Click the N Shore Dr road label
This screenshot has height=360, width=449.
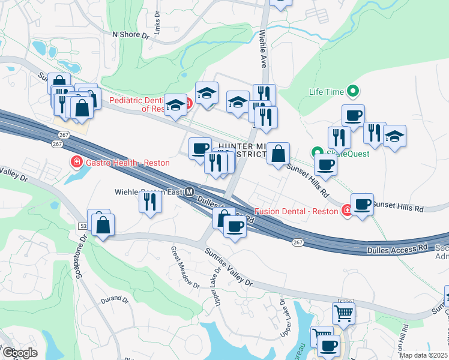click(x=130, y=35)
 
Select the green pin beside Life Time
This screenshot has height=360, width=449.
click(x=354, y=92)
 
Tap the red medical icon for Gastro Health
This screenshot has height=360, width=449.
click(x=76, y=162)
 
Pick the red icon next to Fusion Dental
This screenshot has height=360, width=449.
click(x=347, y=211)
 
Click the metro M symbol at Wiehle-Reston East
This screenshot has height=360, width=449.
click(x=190, y=193)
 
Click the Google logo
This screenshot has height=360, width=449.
click(x=20, y=353)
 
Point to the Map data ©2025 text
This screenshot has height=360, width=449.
click(x=423, y=355)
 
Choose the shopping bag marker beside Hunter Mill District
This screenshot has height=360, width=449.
click(x=279, y=154)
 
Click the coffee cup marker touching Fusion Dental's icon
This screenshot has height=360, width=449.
click(x=363, y=205)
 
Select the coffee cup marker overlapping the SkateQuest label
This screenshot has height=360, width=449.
click(x=325, y=164)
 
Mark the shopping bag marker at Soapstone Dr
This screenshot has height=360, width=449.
click(x=103, y=225)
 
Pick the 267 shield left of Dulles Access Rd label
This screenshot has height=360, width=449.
click(x=298, y=242)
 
